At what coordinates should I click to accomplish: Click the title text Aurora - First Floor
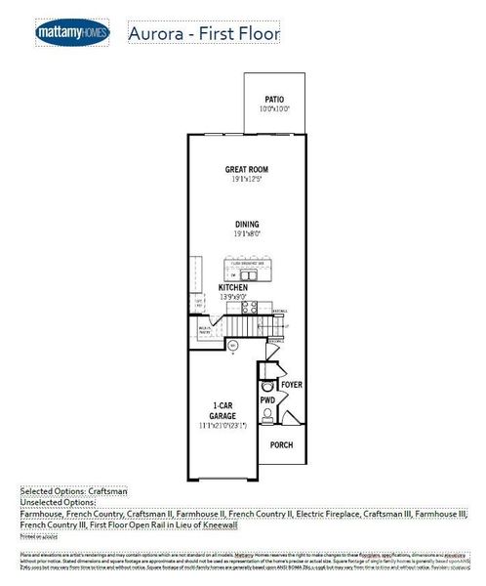click(x=203, y=34)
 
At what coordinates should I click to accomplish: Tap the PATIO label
click(x=274, y=100)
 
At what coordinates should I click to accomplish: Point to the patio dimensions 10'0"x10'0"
click(x=274, y=109)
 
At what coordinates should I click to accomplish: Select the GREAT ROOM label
click(x=246, y=169)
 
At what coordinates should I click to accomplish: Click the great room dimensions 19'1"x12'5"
click(x=246, y=180)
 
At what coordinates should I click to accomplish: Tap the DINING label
click(x=246, y=225)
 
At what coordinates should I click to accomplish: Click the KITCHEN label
click(x=233, y=288)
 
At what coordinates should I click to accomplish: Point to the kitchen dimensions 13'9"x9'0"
click(x=233, y=298)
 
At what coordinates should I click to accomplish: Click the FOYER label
click(x=291, y=385)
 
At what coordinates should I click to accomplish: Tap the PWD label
click(x=266, y=400)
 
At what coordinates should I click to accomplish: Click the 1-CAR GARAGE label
click(x=223, y=410)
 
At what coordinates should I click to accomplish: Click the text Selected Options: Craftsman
click(x=74, y=492)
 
